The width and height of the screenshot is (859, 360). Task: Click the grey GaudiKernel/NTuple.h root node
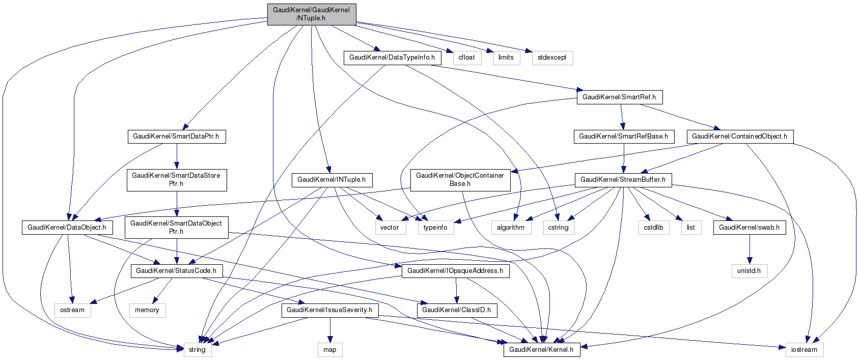(x=311, y=14)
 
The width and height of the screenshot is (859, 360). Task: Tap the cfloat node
(x=466, y=58)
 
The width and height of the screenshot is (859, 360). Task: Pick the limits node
(x=506, y=58)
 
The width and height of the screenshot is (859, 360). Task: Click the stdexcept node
(x=552, y=58)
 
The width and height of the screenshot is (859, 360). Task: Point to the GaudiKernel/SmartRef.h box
(x=619, y=97)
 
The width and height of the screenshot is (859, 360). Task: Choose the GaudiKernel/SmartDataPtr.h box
(x=176, y=136)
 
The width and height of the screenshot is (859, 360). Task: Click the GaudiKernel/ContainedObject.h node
(x=739, y=136)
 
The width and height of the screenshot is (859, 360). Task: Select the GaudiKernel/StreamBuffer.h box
(x=623, y=180)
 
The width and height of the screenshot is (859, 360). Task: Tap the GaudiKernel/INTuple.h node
(x=331, y=180)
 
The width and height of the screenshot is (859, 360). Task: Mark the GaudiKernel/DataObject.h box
(x=67, y=228)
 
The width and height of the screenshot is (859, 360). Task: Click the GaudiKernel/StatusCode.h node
(x=176, y=271)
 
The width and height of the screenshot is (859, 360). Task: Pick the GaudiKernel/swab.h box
(x=749, y=228)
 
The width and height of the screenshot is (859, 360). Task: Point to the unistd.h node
(x=749, y=271)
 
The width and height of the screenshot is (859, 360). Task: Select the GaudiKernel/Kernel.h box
(x=541, y=350)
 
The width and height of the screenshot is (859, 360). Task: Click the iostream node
(x=804, y=350)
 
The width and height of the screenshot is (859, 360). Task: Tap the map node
(x=330, y=350)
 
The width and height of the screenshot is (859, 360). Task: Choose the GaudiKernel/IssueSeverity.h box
(x=329, y=310)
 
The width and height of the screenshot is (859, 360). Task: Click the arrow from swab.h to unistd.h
(x=749, y=250)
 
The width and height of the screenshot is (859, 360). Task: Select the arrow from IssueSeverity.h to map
(x=330, y=330)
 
